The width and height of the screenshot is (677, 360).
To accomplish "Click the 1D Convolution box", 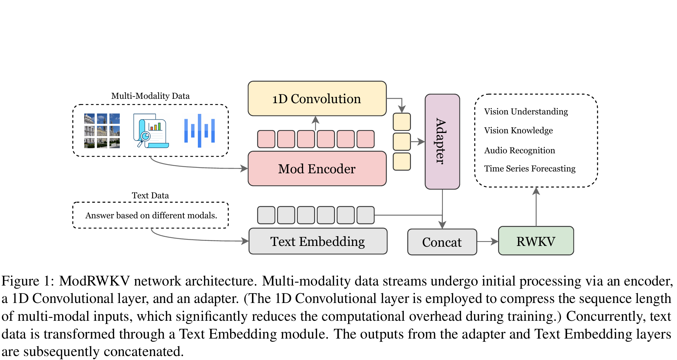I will click(x=317, y=99).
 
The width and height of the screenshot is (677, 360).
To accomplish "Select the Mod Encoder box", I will click(x=317, y=169).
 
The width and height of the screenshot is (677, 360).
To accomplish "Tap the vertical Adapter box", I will click(x=442, y=142).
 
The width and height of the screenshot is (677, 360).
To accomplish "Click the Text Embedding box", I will click(x=318, y=242).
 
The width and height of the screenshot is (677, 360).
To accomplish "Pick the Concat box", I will click(x=442, y=242).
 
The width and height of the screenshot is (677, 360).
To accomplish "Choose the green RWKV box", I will click(x=536, y=241).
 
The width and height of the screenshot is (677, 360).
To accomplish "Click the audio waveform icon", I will click(x=199, y=131).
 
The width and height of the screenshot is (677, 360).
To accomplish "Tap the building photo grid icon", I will click(x=102, y=131).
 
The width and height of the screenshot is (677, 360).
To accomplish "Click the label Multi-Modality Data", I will click(x=150, y=96).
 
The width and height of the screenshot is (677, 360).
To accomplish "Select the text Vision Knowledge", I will click(x=518, y=130).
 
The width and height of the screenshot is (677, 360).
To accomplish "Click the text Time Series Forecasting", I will click(x=530, y=169).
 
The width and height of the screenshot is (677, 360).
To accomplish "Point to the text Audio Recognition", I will click(x=519, y=150).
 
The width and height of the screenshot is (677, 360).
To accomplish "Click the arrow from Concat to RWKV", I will click(x=488, y=241).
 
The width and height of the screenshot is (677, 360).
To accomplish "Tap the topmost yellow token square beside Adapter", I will click(x=402, y=122).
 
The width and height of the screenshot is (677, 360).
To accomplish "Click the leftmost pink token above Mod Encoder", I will click(x=266, y=139).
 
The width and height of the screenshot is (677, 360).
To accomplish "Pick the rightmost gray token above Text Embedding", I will click(x=365, y=215).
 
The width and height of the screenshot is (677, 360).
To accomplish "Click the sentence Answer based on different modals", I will click(x=151, y=215).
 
